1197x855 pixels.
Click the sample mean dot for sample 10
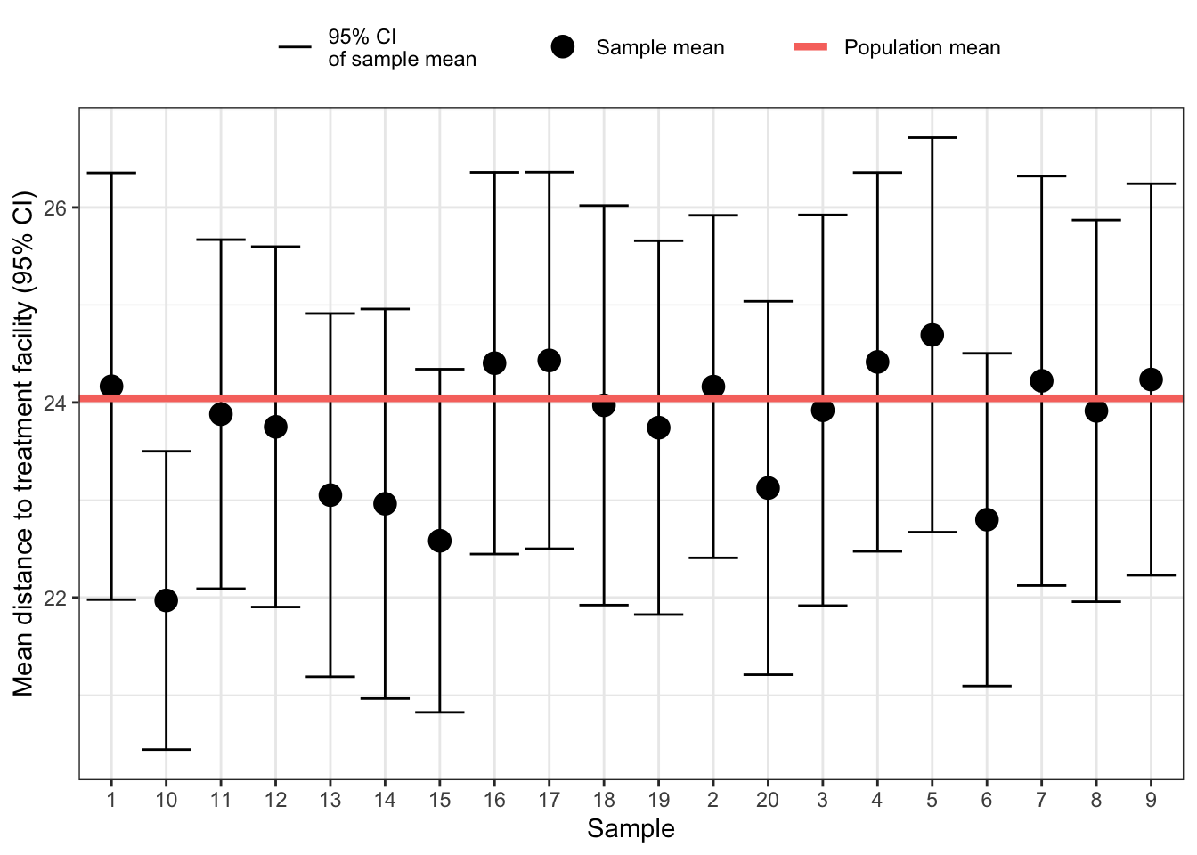[166, 600]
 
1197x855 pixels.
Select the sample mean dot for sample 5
[932, 335]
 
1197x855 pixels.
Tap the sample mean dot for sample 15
[439, 541]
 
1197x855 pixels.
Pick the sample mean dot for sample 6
[987, 519]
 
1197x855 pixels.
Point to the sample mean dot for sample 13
[330, 495]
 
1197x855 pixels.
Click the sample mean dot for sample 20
[768, 488]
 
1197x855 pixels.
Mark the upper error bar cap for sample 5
[932, 138]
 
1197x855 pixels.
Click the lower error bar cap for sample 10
[166, 750]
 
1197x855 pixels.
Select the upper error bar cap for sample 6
[987, 354]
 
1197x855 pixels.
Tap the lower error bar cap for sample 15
[439, 712]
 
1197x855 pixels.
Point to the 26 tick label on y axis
[55, 208]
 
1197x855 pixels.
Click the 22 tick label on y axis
[55, 598]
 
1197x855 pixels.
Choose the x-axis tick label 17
[549, 800]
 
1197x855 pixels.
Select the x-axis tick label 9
[1151, 800]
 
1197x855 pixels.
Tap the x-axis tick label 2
[712, 800]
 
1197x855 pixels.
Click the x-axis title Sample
[631, 829]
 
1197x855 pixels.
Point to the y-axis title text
[23, 444]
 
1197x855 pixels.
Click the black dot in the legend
[563, 47]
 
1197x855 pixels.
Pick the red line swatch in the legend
[810, 47]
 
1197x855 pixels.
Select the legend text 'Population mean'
[922, 47]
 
